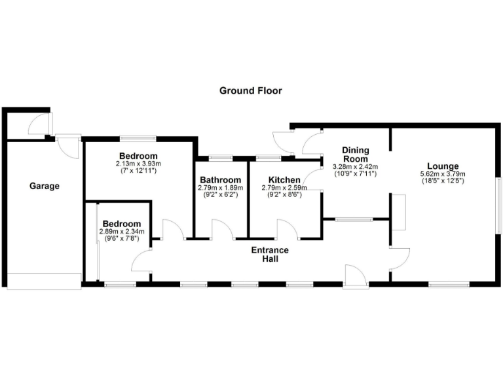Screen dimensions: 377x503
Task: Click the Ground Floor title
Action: pyautogui.click(x=251, y=91)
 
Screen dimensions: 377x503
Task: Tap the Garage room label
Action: pyautogui.click(x=45, y=186)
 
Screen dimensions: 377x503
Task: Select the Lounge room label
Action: pyautogui.click(x=443, y=166)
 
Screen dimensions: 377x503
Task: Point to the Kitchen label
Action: pyautogui.click(x=285, y=180)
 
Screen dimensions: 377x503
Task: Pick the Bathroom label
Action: pyautogui.click(x=220, y=180)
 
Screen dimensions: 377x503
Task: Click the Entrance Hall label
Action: pyautogui.click(x=270, y=255)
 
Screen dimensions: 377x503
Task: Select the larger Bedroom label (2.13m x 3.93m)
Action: pyautogui.click(x=138, y=156)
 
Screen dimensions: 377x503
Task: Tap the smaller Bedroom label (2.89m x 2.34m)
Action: pyautogui.click(x=121, y=223)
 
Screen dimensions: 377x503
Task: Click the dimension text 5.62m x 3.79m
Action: pyautogui.click(x=443, y=174)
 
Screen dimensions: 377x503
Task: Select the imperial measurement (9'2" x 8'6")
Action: pyautogui.click(x=285, y=194)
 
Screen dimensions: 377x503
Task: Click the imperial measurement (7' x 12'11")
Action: pyautogui.click(x=138, y=170)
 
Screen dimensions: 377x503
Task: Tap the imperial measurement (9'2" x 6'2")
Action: pyautogui.click(x=220, y=194)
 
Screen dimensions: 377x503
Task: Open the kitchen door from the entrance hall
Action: pyautogui.click(x=288, y=229)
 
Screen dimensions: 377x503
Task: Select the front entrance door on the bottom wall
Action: pyautogui.click(x=356, y=276)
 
